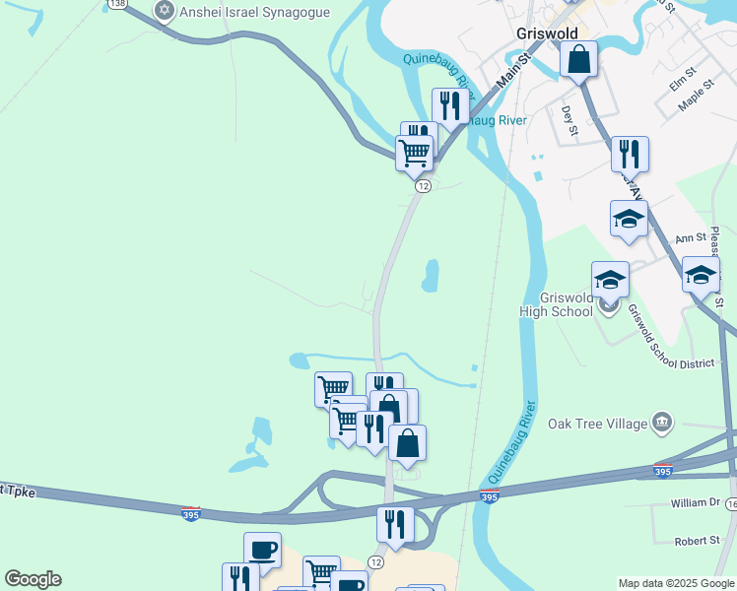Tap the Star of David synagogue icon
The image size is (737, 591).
[x=164, y=11]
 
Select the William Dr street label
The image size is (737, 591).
[x=696, y=502]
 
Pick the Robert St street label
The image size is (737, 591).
[x=698, y=541]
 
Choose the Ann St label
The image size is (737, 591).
[x=691, y=237]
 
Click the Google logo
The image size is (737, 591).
[x=33, y=579]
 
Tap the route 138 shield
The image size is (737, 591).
[x=118, y=4]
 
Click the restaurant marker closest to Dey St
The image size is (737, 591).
[x=629, y=155]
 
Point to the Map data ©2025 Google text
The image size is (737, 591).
[x=675, y=583]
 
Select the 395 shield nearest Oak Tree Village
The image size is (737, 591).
[x=663, y=472]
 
